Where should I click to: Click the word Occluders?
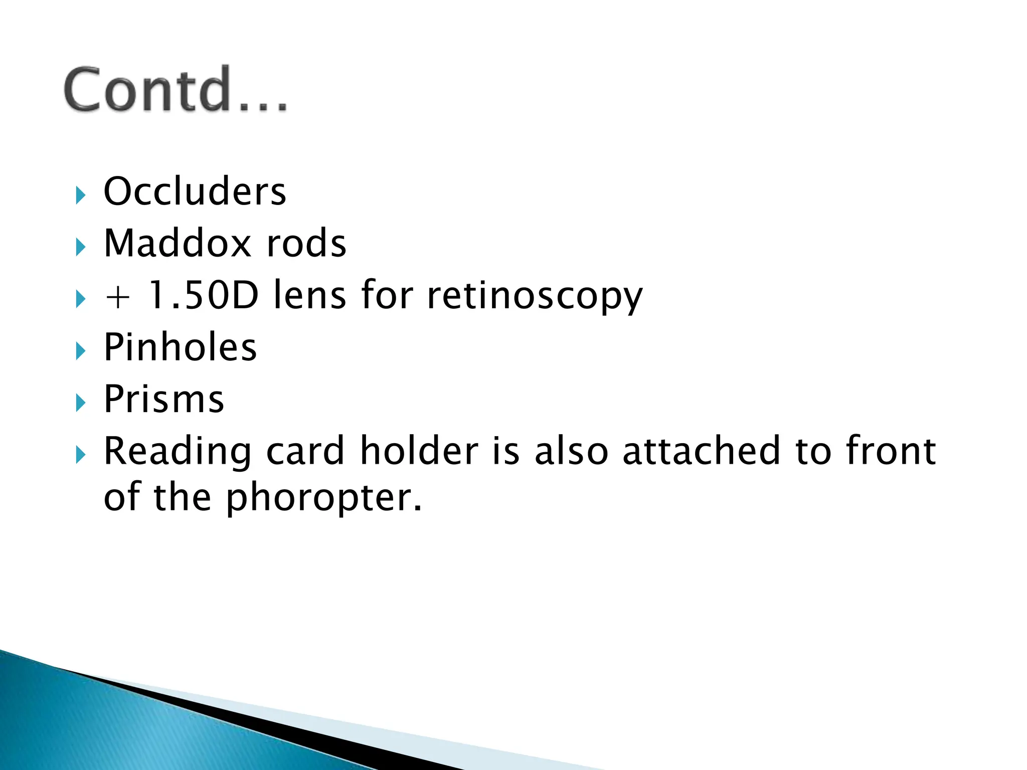click(x=195, y=191)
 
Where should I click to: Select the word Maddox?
click(x=177, y=243)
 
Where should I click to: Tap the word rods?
click(x=306, y=243)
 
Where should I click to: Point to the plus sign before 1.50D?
click(x=118, y=297)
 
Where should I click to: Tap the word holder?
click(x=419, y=451)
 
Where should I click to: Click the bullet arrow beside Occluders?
click(x=80, y=195)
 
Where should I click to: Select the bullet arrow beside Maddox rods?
click(x=80, y=247)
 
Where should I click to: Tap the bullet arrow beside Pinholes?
click(x=80, y=351)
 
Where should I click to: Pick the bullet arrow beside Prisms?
click(x=80, y=403)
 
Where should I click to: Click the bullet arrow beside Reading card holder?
click(x=80, y=455)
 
